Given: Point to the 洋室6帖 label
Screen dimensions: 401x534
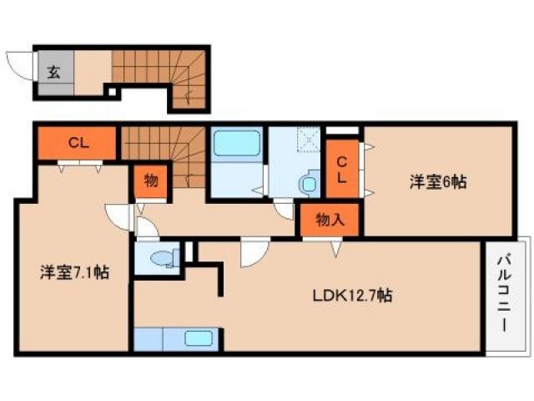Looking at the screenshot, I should point(436,181).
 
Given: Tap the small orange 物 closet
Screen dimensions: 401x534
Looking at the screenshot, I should point(150,180).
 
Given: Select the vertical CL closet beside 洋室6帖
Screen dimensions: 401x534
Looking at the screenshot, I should point(342,168).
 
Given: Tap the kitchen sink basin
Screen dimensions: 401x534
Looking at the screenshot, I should point(199,339).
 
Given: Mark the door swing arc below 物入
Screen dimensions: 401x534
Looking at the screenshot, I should point(335,246).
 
